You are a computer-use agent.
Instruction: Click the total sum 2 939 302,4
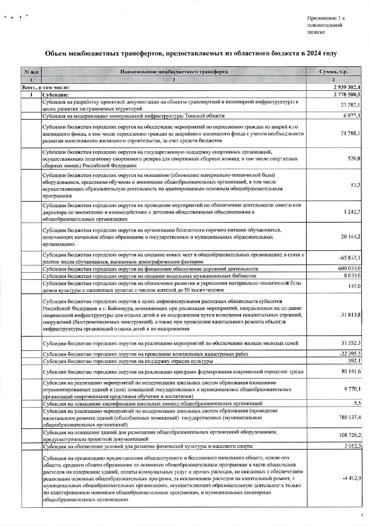tap(345, 87)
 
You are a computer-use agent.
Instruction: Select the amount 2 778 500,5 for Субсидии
tap(345, 95)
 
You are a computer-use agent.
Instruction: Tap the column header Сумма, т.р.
tap(333, 72)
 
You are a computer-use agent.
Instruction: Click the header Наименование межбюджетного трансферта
tap(174, 72)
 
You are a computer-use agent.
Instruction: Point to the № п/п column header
tap(31, 72)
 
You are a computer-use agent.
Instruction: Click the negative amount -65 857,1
tap(350, 258)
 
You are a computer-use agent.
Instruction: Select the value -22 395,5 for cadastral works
tap(350, 354)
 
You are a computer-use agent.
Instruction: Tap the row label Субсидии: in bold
tap(55, 95)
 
